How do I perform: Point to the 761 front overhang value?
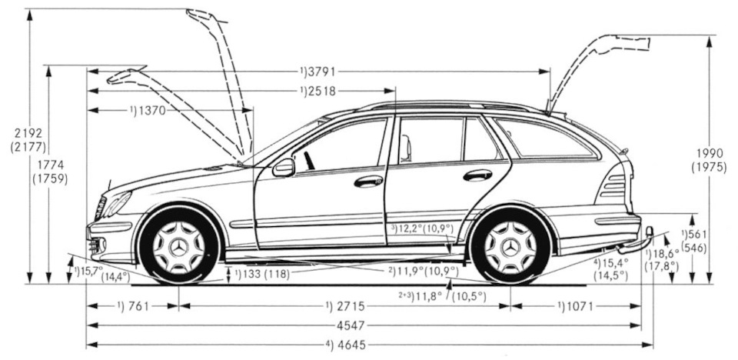pyautogui.click(x=136, y=305)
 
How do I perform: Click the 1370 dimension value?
pyautogui.click(x=152, y=110)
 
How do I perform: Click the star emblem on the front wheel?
pyautogui.click(x=179, y=248)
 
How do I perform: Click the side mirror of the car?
pyautogui.click(x=283, y=167)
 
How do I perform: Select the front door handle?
pyautogui.click(x=368, y=182)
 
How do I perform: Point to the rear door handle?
pyautogui.click(x=477, y=175)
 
